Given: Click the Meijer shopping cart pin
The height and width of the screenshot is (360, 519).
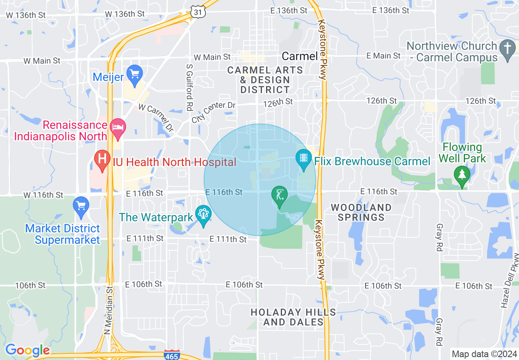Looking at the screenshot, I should [x=134, y=74].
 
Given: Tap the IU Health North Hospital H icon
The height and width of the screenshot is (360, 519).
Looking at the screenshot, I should [x=101, y=158].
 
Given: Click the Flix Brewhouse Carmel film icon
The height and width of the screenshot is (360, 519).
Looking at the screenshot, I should [x=303, y=157].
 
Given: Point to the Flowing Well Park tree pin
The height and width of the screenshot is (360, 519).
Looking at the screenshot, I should [x=462, y=175].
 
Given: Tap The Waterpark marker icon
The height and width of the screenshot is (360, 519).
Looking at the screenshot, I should [x=203, y=214].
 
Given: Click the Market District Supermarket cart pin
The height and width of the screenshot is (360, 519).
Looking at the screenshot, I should [x=81, y=205].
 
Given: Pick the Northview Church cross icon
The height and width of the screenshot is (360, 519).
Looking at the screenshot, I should [x=508, y=48].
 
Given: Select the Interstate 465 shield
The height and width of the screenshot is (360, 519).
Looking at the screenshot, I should [x=171, y=355].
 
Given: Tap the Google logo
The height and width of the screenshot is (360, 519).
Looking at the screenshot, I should [x=27, y=350].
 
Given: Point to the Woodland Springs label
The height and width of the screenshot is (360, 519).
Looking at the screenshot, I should [x=361, y=212].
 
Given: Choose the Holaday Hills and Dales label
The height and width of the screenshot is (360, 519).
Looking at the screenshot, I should [x=293, y=317].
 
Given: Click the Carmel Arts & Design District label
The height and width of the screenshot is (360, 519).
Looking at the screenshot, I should [x=265, y=80].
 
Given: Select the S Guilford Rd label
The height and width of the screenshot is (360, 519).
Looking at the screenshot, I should [x=189, y=88].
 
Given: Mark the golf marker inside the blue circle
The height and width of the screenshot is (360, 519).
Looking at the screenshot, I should [x=280, y=195].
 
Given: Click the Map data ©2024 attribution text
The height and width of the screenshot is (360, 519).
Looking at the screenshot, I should [x=483, y=354].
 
